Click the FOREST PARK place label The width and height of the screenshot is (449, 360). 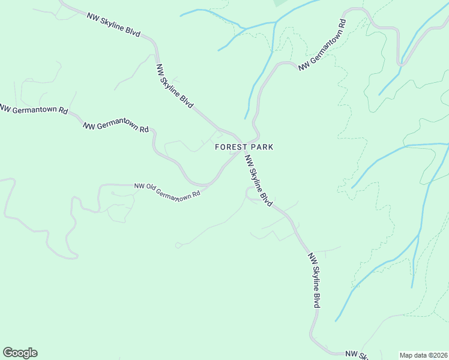tap(244, 147)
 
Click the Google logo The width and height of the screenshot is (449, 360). tap(20, 353)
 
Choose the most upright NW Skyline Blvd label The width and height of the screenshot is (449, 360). tap(314, 280)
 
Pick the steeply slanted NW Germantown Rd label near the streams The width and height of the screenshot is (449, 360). tap(323, 45)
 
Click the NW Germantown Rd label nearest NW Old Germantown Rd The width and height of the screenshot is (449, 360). tap(115, 127)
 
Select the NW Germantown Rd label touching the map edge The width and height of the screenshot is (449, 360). tap(33, 110)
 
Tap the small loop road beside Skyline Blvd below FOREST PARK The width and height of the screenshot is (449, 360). tap(249, 193)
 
